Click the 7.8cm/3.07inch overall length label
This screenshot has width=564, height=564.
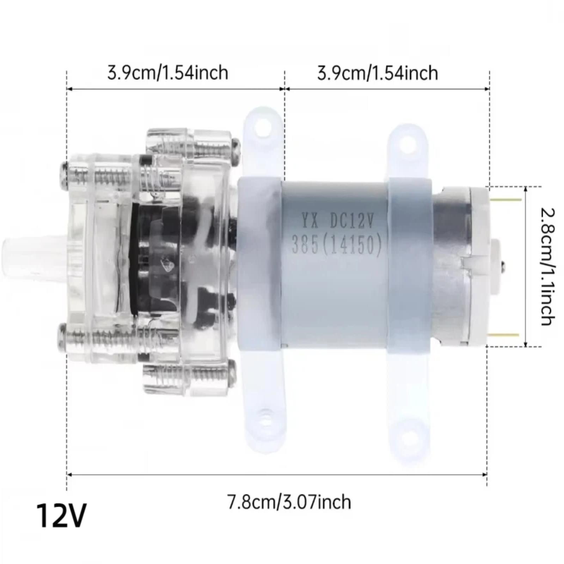[289, 502]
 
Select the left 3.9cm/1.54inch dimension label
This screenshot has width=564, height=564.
[168, 73]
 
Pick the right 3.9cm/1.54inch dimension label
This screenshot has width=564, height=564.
[378, 73]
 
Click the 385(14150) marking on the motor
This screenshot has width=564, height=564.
[337, 244]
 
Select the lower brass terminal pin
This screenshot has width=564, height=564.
[504, 335]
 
